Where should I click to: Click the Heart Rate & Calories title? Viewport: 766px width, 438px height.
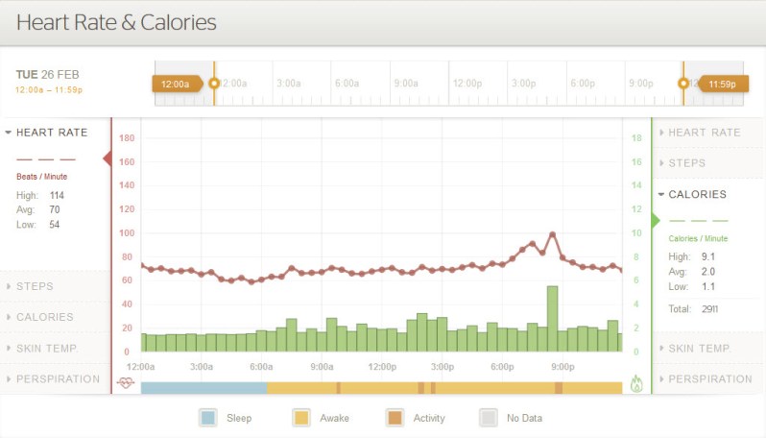point(116,21)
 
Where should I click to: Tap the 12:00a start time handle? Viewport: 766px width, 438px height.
point(176,84)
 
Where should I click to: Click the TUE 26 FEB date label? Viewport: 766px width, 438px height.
point(48,74)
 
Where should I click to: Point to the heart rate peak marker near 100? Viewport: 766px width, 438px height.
point(552,233)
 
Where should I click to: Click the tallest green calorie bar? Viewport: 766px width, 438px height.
point(552,319)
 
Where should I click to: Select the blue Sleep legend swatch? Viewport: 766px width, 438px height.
point(207,418)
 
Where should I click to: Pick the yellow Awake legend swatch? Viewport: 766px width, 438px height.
point(301,418)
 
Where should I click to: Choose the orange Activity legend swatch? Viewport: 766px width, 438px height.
point(395,418)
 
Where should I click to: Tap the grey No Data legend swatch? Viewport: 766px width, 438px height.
point(488,418)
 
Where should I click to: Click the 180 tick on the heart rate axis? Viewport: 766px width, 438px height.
point(126,138)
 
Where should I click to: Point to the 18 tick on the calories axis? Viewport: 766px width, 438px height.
point(635,138)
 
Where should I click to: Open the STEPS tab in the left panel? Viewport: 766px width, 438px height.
point(35,286)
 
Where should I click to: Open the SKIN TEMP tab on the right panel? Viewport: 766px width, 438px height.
point(698,348)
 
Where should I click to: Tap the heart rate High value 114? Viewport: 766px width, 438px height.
point(57,195)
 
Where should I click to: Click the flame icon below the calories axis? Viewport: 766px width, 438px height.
point(636,384)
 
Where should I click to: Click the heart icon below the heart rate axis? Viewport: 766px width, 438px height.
point(126,383)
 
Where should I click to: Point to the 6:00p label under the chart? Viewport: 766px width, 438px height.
point(502,366)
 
